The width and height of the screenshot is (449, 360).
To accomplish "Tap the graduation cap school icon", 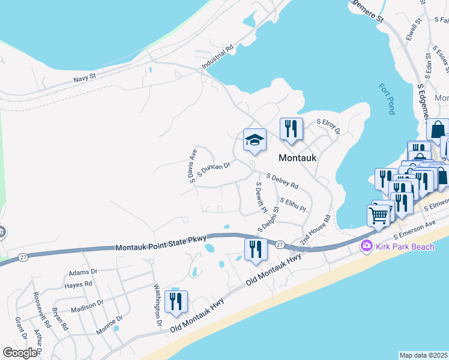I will click(255, 140).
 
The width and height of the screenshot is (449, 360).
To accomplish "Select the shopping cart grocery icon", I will click(378, 215).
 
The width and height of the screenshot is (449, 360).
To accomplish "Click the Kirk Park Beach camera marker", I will click(366, 246).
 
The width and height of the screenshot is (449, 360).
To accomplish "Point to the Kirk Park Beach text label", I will click(398, 246).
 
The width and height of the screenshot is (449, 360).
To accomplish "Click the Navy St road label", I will click(85, 77).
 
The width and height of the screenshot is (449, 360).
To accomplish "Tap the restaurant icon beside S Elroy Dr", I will click(291, 129).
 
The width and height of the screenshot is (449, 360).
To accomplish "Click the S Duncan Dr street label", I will click(214, 170).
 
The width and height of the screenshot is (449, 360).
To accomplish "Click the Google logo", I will click(20, 352).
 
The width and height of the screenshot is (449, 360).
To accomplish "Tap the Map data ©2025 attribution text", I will click(423, 355).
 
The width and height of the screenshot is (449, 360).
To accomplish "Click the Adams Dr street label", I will click(83, 272).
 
